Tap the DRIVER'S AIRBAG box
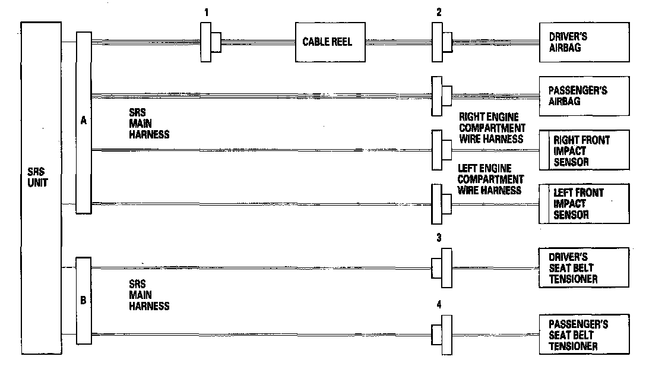coord(584,42)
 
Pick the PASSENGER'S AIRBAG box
coord(584,96)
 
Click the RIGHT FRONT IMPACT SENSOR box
coord(584,150)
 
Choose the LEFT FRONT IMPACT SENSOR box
coord(584,204)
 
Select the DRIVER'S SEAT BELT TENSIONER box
coord(584,268)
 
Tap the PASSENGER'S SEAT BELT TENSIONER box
coord(584,335)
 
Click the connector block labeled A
coord(83,122)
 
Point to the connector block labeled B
coord(83,300)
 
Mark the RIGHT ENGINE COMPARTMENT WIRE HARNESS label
coord(492,128)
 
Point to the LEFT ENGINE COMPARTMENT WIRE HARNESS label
coord(490,179)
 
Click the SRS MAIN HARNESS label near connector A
coord(148,123)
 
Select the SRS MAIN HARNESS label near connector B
coord(148,295)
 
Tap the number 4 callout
coord(439,305)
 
